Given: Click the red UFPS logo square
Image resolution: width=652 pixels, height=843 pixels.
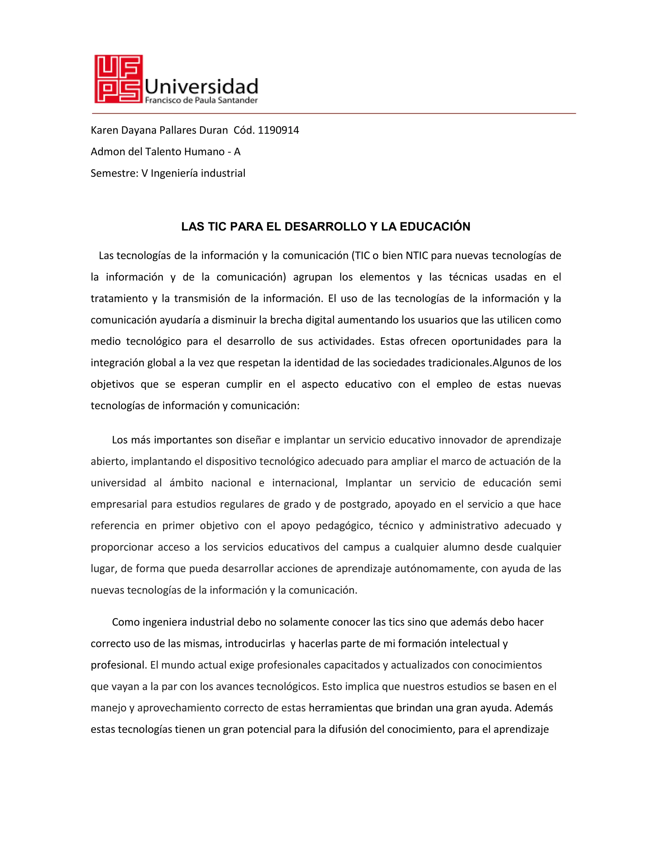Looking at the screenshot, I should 118,79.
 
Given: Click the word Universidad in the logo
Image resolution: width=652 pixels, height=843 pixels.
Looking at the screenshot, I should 201,87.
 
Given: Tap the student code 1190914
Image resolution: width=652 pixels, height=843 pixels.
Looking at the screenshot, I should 278,130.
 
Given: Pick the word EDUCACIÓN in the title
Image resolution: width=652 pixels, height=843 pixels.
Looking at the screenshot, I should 435,226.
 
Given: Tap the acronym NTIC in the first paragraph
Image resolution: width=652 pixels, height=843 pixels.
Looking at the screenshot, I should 417,255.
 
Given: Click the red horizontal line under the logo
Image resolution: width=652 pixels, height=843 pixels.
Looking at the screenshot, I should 334,114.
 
